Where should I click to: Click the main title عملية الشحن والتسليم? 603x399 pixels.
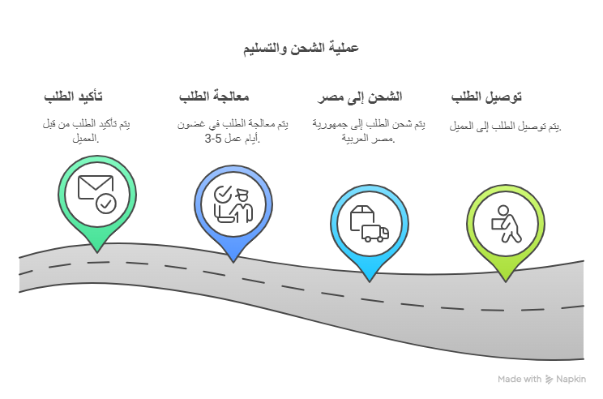(x=301, y=49)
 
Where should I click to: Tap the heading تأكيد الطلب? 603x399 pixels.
(x=73, y=97)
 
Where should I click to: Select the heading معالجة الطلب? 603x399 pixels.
(x=214, y=97)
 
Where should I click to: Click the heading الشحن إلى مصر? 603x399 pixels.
(x=360, y=97)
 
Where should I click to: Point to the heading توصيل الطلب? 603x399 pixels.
(x=486, y=97)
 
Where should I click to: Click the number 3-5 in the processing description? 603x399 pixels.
(x=213, y=139)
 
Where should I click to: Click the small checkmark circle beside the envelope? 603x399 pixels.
(x=106, y=204)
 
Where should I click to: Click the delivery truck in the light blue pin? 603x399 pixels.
(x=375, y=234)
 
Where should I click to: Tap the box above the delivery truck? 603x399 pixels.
(x=361, y=217)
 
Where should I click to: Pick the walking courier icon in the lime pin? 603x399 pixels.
(x=507, y=224)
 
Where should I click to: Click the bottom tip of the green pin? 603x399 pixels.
(x=97, y=253)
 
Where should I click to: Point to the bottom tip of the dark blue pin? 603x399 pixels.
(x=233, y=263)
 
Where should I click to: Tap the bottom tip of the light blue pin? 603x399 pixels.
(x=370, y=282)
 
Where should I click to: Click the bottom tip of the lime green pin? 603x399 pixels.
(x=506, y=281)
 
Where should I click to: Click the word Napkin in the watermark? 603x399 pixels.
(x=571, y=380)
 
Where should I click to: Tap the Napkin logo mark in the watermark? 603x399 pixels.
(x=549, y=380)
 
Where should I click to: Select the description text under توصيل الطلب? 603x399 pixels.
(x=505, y=127)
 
